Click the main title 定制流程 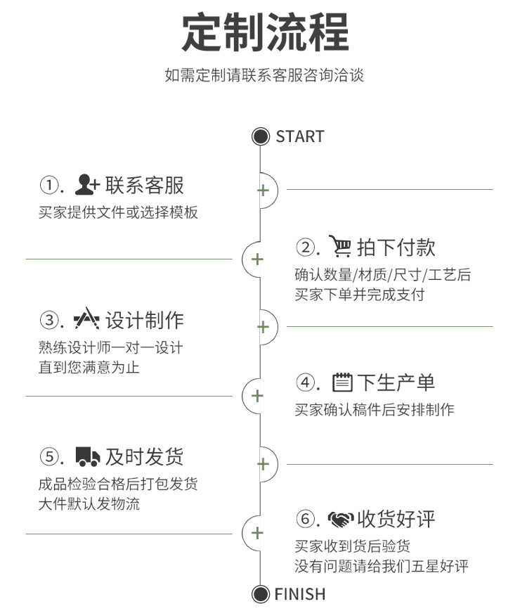(x=265, y=32)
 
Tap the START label (x=300, y=136)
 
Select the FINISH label (x=300, y=594)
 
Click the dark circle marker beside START (x=261, y=136)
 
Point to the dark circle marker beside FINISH (x=261, y=594)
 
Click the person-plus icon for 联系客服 (x=88, y=185)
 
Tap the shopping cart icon (x=340, y=247)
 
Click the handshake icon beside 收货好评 (x=341, y=520)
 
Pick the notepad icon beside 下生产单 (x=342, y=382)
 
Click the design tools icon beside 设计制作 (x=87, y=320)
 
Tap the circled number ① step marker (x=49, y=186)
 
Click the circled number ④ (x=306, y=383)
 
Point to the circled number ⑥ (x=306, y=520)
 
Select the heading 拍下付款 (x=396, y=247)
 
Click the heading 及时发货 (x=145, y=457)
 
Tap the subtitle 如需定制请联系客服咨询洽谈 (x=264, y=75)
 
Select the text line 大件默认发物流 (x=89, y=504)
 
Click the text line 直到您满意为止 (x=89, y=367)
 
